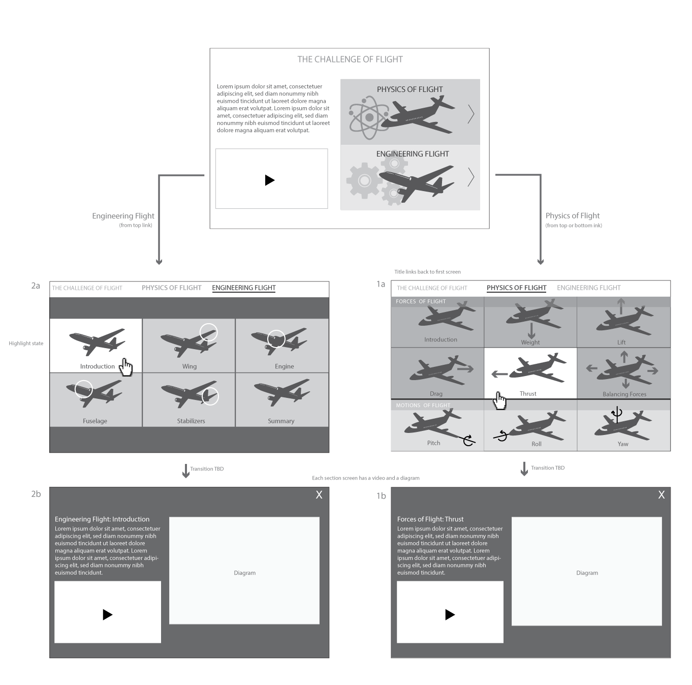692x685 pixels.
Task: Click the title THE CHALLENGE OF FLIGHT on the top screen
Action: tap(350, 59)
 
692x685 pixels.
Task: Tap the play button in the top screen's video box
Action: tap(270, 180)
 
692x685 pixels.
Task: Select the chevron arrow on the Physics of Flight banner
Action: tap(471, 114)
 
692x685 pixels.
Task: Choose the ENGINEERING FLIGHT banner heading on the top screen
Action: tap(412, 154)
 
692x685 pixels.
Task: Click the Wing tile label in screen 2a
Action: tap(189, 366)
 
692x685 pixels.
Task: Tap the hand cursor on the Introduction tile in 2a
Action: tap(125, 367)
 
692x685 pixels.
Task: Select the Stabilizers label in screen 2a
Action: tap(191, 421)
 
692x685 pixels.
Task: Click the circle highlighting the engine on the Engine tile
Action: tap(276, 338)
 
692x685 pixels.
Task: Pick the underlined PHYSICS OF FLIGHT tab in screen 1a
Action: tap(516, 288)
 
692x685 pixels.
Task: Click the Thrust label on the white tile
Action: tap(528, 394)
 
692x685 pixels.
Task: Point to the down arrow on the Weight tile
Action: tap(531, 330)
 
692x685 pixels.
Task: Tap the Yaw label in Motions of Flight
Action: tap(623, 444)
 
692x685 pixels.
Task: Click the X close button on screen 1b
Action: tap(661, 495)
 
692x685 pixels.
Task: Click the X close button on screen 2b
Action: tap(319, 495)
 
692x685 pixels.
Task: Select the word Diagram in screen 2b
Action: tap(244, 573)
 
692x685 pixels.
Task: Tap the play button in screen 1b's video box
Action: tap(450, 614)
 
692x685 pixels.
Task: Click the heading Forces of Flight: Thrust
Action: tap(430, 519)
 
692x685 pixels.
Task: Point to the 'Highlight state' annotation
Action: tap(26, 344)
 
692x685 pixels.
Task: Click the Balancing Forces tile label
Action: tap(624, 394)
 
